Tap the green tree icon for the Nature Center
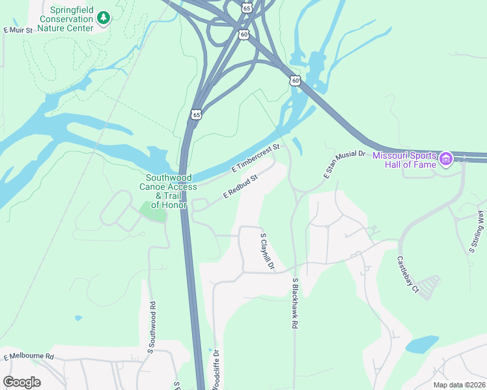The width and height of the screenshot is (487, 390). [103, 19]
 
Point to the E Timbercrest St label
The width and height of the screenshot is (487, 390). [255, 159]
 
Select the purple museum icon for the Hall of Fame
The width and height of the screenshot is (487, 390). [445, 159]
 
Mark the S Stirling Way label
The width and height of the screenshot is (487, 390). [477, 231]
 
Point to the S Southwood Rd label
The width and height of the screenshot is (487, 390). [151, 327]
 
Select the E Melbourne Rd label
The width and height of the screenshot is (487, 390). [29, 357]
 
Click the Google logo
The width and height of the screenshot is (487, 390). [21, 382]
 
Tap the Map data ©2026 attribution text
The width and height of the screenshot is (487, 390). [459, 385]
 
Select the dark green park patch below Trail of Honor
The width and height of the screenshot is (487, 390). [153, 212]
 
